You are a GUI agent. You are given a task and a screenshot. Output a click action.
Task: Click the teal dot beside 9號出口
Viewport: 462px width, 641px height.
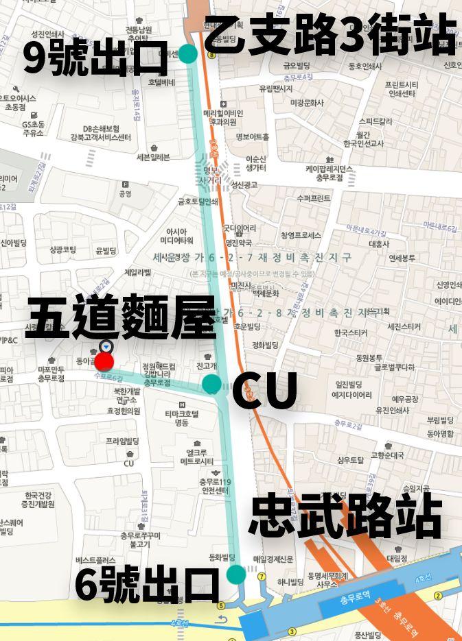tap(187, 53)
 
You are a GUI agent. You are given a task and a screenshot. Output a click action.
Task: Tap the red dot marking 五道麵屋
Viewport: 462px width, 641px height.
tap(104, 361)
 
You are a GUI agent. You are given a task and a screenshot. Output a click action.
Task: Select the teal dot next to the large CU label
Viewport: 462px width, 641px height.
tap(211, 384)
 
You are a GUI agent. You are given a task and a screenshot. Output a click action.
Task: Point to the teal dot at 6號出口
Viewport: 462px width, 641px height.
tap(235, 574)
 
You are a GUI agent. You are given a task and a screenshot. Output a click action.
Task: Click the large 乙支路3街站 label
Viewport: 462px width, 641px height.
tap(330, 35)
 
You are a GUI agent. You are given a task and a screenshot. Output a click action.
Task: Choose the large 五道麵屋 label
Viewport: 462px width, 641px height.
tap(122, 317)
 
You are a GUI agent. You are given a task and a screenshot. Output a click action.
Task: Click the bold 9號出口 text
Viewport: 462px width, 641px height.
tap(95, 58)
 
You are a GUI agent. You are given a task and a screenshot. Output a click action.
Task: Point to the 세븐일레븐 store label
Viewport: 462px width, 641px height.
tap(152, 157)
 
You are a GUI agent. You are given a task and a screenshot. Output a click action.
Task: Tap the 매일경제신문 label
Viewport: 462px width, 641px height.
tap(273, 559)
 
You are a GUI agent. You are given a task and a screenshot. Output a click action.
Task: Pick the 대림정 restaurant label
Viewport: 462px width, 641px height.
tap(397, 558)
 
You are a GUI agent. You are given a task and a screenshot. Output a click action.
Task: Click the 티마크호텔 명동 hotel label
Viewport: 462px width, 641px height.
tap(181, 418)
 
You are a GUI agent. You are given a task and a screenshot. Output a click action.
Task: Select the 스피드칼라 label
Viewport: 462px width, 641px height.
tap(375, 121)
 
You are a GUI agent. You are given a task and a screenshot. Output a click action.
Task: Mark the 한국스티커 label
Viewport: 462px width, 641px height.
tap(351, 333)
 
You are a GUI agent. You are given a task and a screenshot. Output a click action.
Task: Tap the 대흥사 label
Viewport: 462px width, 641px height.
tap(378, 243)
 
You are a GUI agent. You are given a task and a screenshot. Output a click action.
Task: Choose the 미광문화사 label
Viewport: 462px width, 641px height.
tap(306, 103)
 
